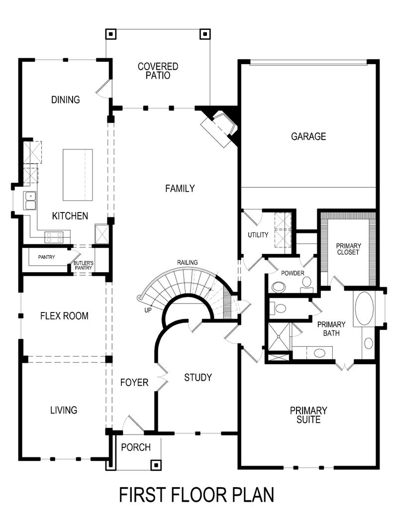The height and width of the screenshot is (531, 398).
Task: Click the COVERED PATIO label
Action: [x=158, y=71]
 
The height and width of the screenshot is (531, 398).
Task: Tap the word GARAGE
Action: [x=308, y=136]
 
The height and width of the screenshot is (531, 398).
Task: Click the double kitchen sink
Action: [x=30, y=201]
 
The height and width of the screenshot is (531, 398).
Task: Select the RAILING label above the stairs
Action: [x=187, y=262]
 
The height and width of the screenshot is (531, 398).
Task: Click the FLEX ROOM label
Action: [x=64, y=316]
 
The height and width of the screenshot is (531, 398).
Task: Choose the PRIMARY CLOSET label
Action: [x=348, y=249]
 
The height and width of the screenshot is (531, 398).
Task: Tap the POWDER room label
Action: [x=292, y=273]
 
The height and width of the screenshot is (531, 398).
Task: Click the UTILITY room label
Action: [x=258, y=235]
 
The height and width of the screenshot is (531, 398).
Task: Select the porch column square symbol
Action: [x=156, y=465]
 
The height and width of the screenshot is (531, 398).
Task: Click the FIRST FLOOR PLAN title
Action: [x=197, y=496]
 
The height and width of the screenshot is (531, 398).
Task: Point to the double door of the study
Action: [x=162, y=381]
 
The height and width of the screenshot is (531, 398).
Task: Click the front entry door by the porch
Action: [x=132, y=423]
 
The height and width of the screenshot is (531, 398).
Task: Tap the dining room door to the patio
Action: [x=103, y=88]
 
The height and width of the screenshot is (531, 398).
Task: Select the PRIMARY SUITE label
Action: [x=308, y=415]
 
